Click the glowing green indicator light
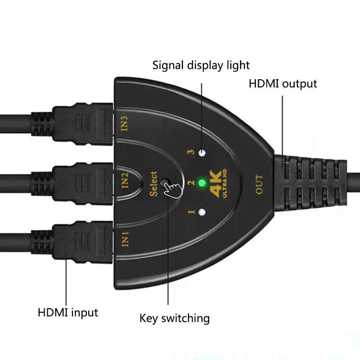point(202,183)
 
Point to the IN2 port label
point(126,181)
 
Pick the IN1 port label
point(126,238)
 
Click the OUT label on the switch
point(259,185)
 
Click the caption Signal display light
point(201,65)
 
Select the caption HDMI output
point(283,84)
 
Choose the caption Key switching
point(175,319)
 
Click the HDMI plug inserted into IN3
point(83,124)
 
